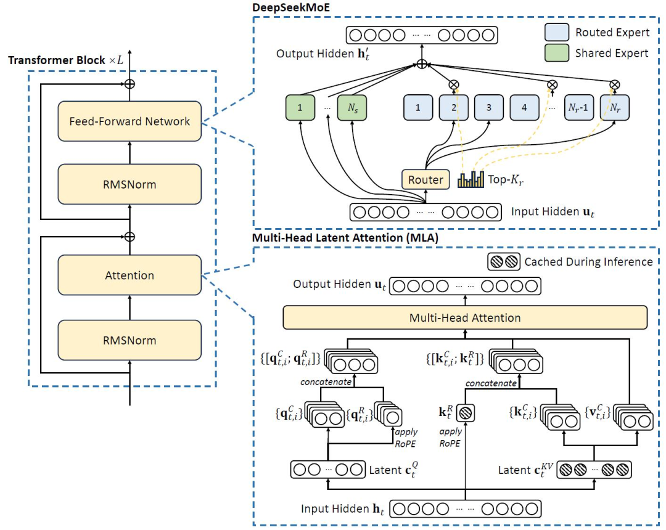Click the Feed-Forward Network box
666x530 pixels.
tap(129, 121)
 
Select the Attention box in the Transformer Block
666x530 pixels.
tap(129, 275)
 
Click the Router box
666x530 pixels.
tap(425, 179)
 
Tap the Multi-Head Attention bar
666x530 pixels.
tap(465, 318)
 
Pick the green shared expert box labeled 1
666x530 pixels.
tap(299, 107)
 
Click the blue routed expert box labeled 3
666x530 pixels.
tap(489, 107)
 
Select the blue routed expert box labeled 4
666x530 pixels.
tap(524, 107)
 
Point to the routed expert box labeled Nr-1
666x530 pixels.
tap(580, 107)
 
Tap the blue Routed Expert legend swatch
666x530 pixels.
tap(556, 32)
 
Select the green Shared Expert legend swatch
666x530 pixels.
tap(556, 53)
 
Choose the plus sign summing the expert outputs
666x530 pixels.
tap(422, 63)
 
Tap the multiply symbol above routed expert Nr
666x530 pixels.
tap(614, 84)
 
